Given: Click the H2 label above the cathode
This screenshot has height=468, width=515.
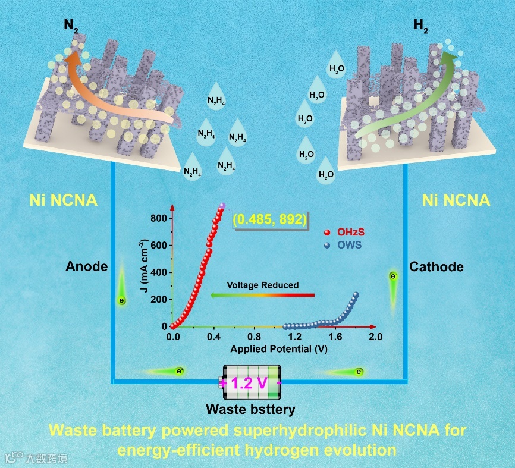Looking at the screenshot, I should tap(420, 26).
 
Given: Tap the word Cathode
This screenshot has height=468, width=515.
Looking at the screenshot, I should tap(437, 267).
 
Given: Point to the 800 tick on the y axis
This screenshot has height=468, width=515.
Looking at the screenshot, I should tap(159, 219).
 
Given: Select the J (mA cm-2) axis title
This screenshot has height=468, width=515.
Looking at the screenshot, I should tap(143, 268).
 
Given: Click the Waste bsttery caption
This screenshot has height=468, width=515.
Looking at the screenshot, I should tap(250, 410).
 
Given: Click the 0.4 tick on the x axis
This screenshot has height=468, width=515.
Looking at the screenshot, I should tap(213, 337).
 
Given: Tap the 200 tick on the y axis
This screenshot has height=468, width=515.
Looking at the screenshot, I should tap(159, 300).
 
